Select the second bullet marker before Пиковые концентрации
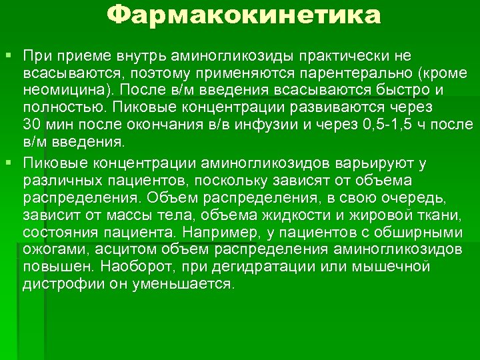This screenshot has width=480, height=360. (9, 162)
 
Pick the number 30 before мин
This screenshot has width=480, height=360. (31, 125)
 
